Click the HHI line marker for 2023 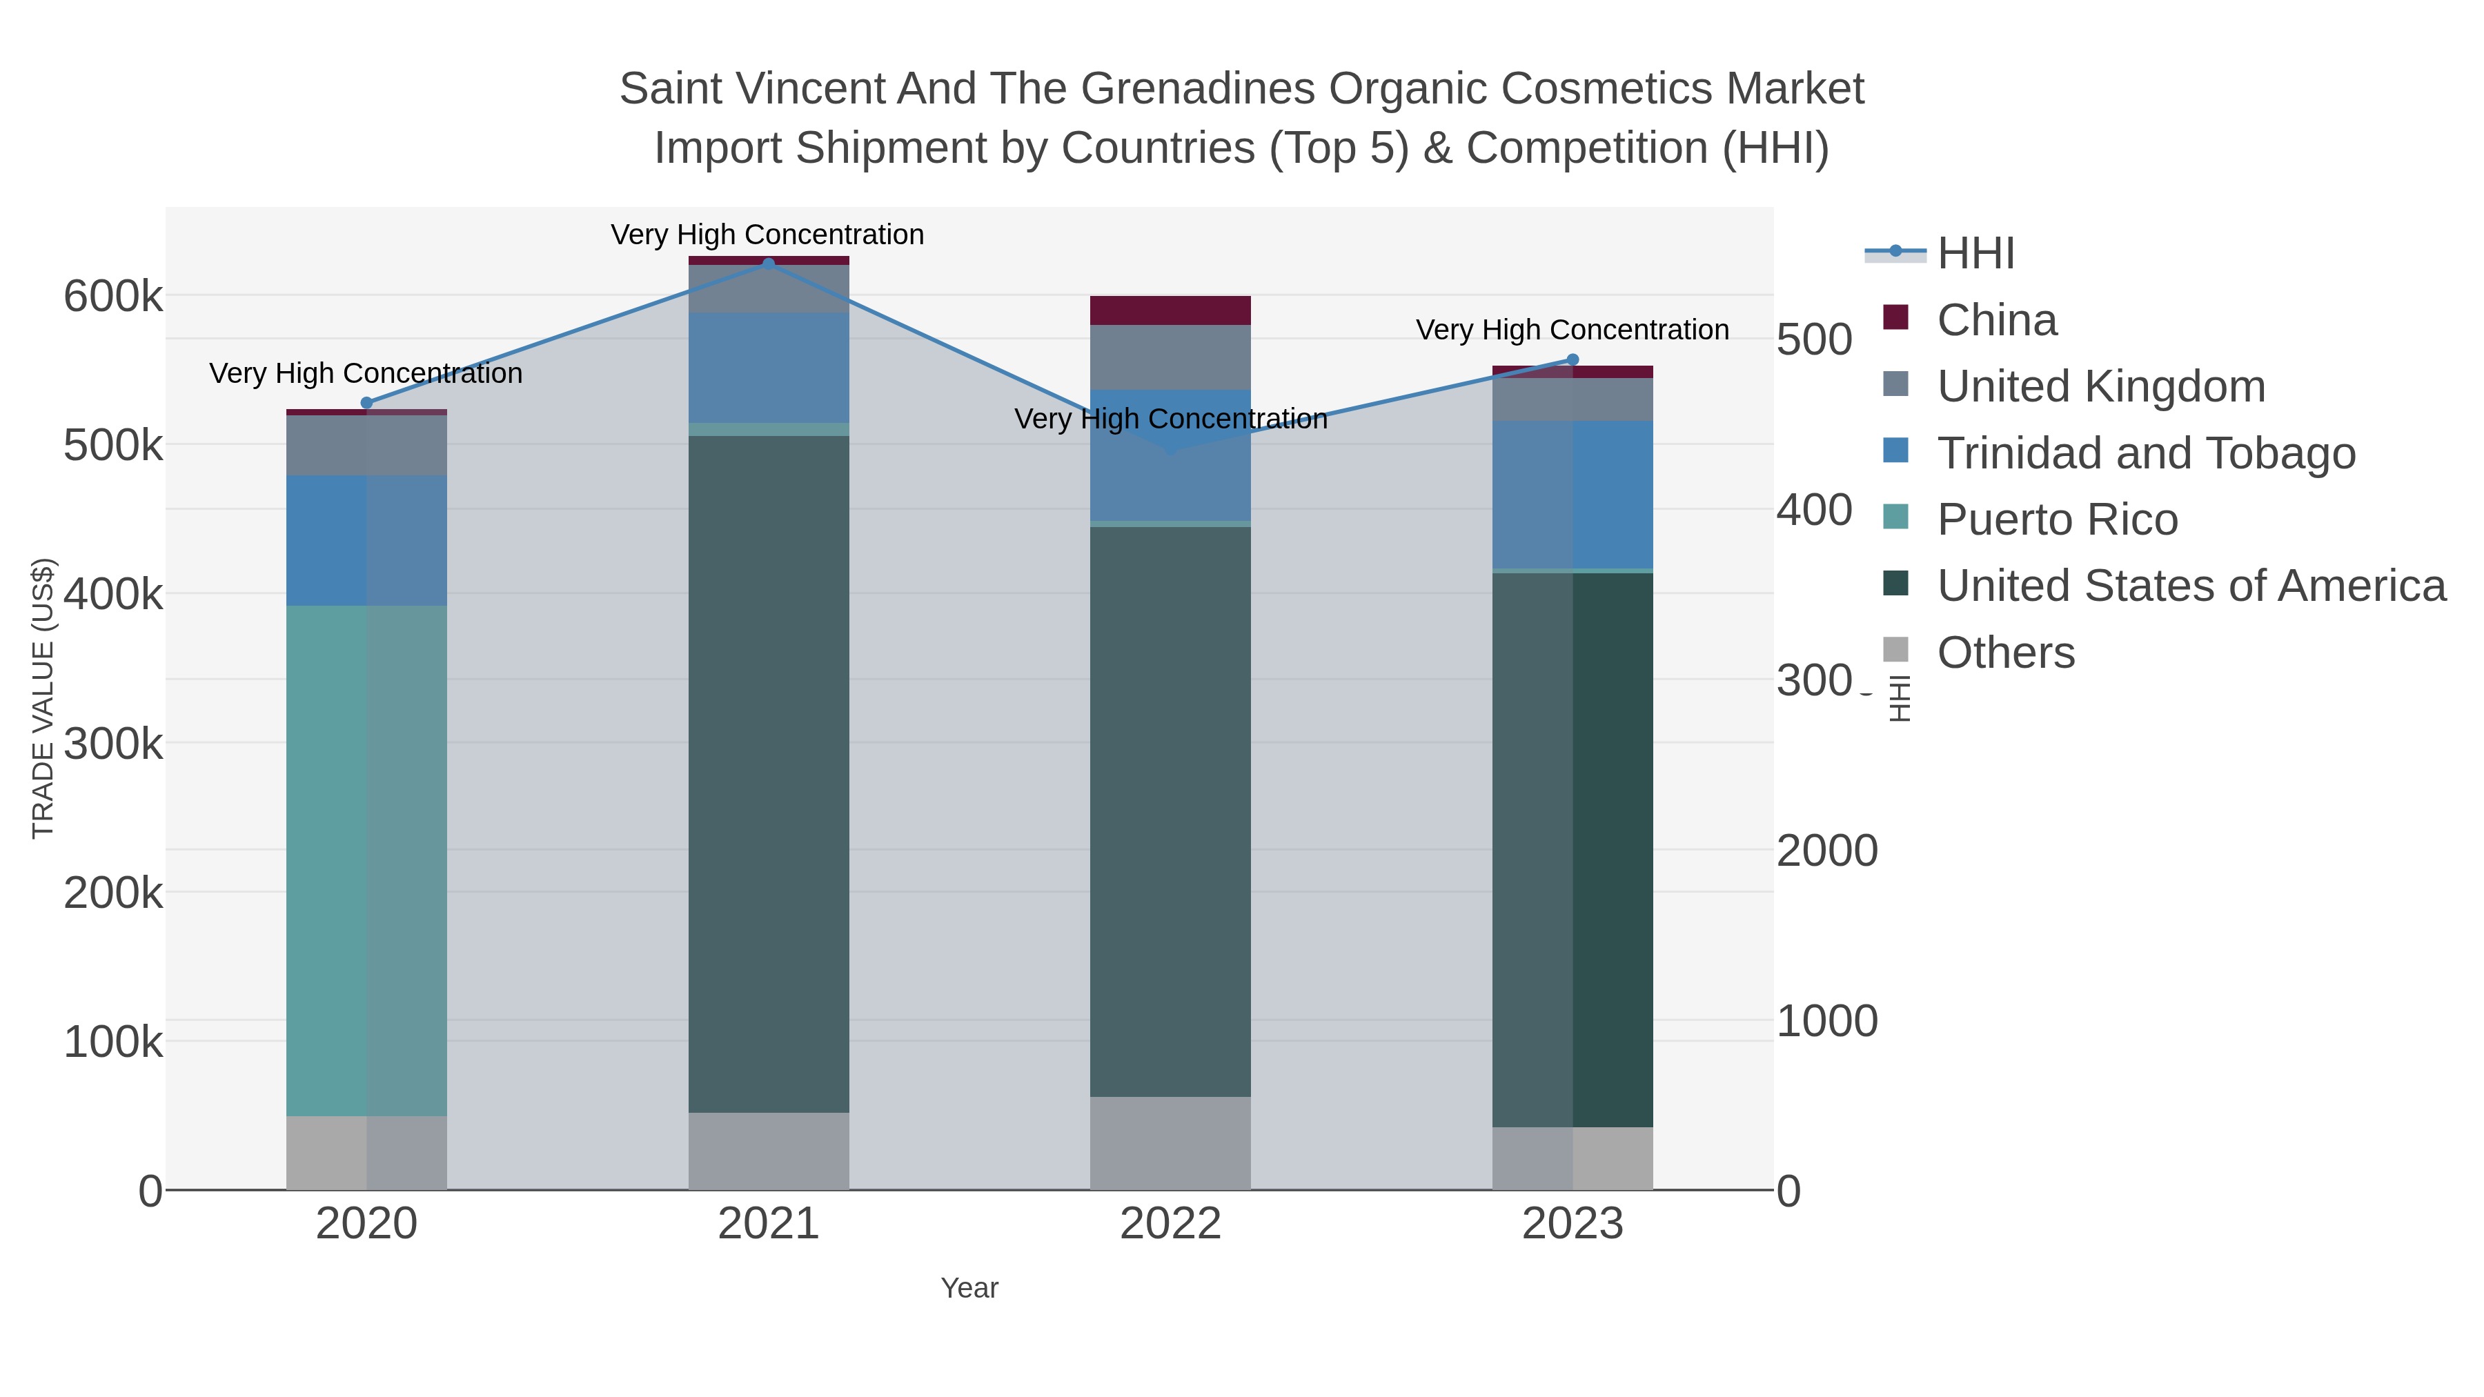click(x=1573, y=359)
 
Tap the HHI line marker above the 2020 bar click(x=366, y=403)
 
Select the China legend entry click(x=1996, y=320)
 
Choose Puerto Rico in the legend click(x=2057, y=519)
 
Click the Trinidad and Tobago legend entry click(x=2145, y=453)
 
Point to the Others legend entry click(x=2004, y=653)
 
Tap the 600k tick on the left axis click(x=113, y=296)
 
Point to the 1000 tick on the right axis click(x=1826, y=1021)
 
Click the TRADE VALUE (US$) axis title click(x=43, y=698)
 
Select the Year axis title click(x=969, y=1288)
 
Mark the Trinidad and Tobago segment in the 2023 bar click(x=1573, y=494)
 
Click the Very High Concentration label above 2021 click(x=767, y=235)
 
